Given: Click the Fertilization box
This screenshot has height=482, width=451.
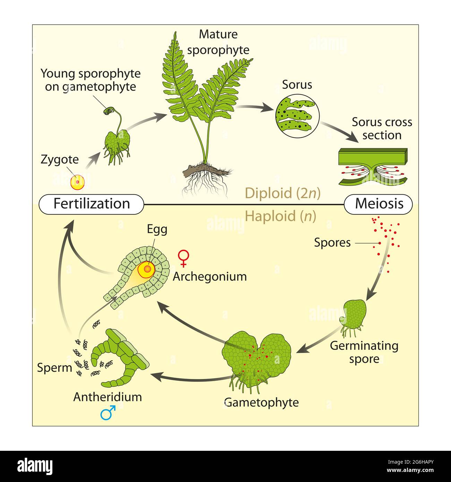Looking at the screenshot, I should point(92,204).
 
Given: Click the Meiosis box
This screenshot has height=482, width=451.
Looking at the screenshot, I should point(378,204).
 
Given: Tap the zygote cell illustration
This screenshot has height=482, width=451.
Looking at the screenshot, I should point(78,182).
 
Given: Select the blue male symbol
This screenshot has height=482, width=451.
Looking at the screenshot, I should point(108,413).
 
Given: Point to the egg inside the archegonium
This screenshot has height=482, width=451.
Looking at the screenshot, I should point(147,269).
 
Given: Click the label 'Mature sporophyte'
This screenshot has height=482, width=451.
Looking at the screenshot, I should point(218,42).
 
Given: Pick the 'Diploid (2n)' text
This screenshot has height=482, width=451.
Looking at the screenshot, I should point(282,193).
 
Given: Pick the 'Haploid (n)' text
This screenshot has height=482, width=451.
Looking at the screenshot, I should point(281,216).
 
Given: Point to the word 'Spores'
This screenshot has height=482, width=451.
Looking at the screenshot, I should point(332,243).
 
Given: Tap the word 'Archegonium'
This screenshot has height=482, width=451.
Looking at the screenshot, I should point(210,276).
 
